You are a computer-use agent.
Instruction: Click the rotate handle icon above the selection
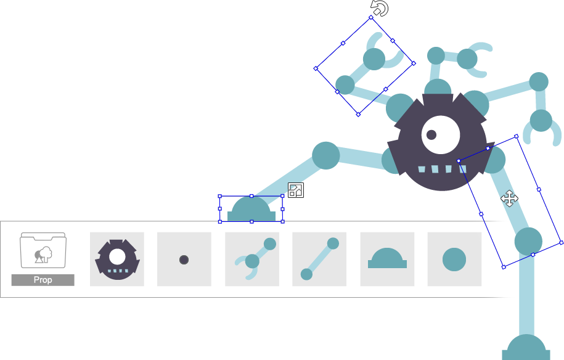(x=380, y=9)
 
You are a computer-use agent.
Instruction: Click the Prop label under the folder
(x=43, y=280)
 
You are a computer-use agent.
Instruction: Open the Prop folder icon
(x=43, y=251)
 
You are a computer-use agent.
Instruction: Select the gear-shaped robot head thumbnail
(x=117, y=259)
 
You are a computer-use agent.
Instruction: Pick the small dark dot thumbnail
(x=184, y=260)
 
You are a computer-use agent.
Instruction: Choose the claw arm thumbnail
(x=251, y=259)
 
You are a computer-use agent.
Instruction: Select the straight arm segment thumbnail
(x=319, y=259)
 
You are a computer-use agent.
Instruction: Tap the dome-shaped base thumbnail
(x=387, y=259)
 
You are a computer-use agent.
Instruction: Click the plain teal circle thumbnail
(x=454, y=259)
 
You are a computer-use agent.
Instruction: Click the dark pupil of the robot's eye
(x=431, y=134)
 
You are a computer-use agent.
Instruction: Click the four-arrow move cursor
(x=509, y=198)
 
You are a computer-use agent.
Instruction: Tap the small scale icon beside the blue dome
(x=296, y=190)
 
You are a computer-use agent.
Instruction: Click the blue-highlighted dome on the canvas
(x=251, y=209)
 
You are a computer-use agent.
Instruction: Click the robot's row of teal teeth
(x=437, y=169)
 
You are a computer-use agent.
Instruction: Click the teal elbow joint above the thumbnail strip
(x=326, y=155)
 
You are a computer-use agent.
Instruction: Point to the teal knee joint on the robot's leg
(x=528, y=240)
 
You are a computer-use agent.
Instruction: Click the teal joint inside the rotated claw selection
(x=374, y=59)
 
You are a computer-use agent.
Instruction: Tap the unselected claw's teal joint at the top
(x=467, y=59)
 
